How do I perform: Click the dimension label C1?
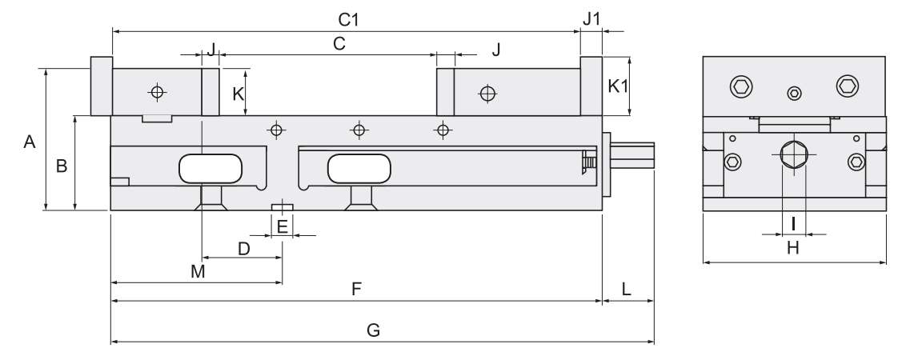click(x=346, y=17)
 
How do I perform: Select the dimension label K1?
click(x=618, y=86)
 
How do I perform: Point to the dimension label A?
click(x=30, y=142)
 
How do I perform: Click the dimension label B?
click(x=60, y=166)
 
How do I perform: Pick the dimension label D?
click(x=244, y=248)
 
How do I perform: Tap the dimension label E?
click(x=283, y=227)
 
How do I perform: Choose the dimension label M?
click(x=198, y=272)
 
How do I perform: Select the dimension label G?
click(x=373, y=330)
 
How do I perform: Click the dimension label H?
click(x=792, y=248)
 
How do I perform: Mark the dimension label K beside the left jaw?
click(x=238, y=93)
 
